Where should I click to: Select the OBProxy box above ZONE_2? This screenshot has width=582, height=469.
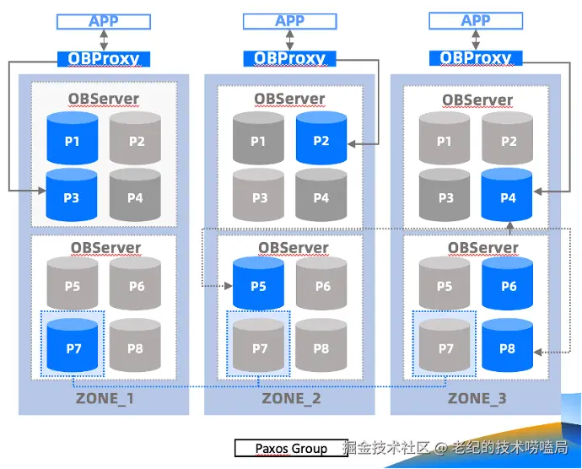[x=289, y=59]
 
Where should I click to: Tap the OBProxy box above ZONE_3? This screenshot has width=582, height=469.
[x=476, y=58]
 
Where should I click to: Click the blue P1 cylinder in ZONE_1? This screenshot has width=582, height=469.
[x=73, y=138]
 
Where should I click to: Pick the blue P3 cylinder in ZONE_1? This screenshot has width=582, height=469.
[x=72, y=195]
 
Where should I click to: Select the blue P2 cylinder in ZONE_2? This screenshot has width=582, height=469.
[x=321, y=137]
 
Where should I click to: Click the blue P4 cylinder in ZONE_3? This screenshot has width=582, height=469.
[x=507, y=195]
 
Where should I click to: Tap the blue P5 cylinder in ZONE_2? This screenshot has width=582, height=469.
[x=258, y=283]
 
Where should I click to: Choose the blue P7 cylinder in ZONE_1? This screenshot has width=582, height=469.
[x=73, y=345]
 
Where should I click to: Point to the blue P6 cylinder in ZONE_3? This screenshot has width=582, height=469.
[x=508, y=283]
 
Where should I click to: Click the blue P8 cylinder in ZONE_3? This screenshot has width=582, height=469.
[x=508, y=345]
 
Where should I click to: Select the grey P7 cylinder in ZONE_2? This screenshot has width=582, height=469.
[x=258, y=345]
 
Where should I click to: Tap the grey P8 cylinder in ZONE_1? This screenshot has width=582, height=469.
[x=135, y=345]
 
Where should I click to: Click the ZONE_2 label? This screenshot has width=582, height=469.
[x=291, y=398]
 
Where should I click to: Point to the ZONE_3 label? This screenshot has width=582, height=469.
[x=477, y=398]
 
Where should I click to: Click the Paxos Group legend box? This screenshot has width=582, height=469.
[x=291, y=448]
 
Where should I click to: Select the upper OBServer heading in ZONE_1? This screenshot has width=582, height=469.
[x=104, y=99]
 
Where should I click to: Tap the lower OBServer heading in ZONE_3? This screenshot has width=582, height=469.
[x=483, y=248]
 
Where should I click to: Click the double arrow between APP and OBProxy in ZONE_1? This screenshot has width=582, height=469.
[x=104, y=40]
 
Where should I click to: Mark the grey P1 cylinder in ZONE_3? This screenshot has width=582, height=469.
[x=445, y=138]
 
